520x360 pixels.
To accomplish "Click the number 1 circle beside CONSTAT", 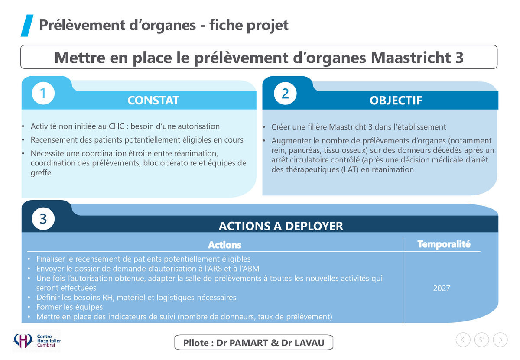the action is point(43,93).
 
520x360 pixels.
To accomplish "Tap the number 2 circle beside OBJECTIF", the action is point(285,93).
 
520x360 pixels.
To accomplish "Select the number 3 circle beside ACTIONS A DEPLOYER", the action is point(43,219).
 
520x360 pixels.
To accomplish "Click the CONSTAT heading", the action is point(153,100).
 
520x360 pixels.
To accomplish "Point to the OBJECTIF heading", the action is point(396,101).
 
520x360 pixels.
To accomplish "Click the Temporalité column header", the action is point(444,244).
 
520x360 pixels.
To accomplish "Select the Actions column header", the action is point(225,245).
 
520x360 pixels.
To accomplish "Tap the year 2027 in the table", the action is point(442,288).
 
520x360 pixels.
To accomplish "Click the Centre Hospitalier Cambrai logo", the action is point(36,341).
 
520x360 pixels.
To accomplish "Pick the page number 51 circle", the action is point(482,340).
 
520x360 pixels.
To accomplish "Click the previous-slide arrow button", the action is point(463,340).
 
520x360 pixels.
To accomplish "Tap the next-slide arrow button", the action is point(500,340).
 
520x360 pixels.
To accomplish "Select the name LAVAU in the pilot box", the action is point(309,343).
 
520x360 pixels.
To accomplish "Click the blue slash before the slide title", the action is point(27,26).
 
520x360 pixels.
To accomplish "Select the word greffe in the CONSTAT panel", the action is point(41,173).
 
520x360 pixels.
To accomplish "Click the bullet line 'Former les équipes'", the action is point(69,307).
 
